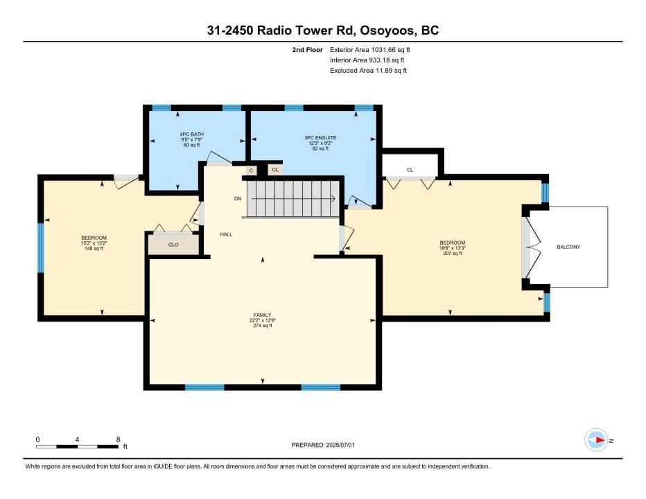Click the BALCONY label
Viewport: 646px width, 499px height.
pyautogui.click(x=568, y=247)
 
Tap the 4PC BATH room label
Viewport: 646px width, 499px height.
pyautogui.click(x=191, y=134)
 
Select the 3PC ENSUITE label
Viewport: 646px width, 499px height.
pyautogui.click(x=320, y=138)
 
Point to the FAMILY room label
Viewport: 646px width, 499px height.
pyautogui.click(x=263, y=315)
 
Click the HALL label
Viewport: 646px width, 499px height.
pyautogui.click(x=226, y=234)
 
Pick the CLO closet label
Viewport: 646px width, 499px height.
pyautogui.click(x=173, y=245)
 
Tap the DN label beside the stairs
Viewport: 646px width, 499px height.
pyautogui.click(x=238, y=199)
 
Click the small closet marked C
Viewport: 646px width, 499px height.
pyautogui.click(x=251, y=170)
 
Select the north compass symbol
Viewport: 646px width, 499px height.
pyautogui.click(x=596, y=440)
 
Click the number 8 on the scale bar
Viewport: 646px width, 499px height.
pyautogui.click(x=119, y=439)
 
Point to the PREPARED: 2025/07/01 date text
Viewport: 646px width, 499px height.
pyautogui.click(x=323, y=445)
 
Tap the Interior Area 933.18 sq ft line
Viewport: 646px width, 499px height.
pyautogui.click(x=367, y=60)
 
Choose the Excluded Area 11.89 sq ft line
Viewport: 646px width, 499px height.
pyautogui.click(x=368, y=71)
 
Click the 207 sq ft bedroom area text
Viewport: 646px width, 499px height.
pyautogui.click(x=453, y=254)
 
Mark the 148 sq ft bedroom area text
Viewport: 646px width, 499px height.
pyautogui.click(x=94, y=249)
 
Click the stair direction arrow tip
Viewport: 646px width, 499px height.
pyautogui.click(x=335, y=199)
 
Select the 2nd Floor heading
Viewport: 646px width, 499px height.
pyautogui.click(x=307, y=50)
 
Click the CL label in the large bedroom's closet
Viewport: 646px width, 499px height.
pyautogui.click(x=410, y=170)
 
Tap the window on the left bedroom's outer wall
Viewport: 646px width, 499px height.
pyautogui.click(x=40, y=247)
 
